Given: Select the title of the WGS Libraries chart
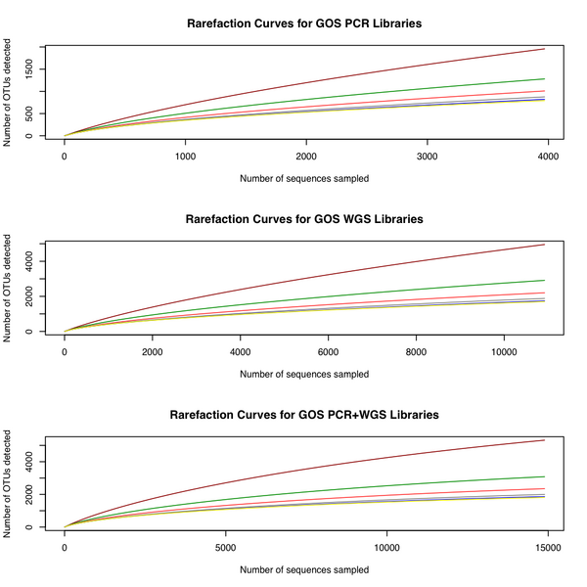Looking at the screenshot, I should pyautogui.click(x=304, y=218).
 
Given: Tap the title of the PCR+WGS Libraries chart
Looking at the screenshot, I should pyautogui.click(x=304, y=415).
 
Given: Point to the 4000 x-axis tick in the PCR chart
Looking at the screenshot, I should pyautogui.click(x=547, y=156).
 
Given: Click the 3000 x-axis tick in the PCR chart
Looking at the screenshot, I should pyautogui.click(x=427, y=156).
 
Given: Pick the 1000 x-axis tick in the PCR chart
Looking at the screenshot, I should pyautogui.click(x=185, y=156).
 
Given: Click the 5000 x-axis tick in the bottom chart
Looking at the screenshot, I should pyautogui.click(x=225, y=548).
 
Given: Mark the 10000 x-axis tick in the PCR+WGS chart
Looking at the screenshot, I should pyautogui.click(x=386, y=548).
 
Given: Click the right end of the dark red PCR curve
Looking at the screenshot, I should pyautogui.click(x=545, y=49).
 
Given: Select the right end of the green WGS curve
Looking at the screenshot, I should pyautogui.click(x=545, y=281).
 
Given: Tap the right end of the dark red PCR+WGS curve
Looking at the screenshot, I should pyautogui.click(x=545, y=440).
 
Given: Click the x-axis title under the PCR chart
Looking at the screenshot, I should pyautogui.click(x=304, y=178).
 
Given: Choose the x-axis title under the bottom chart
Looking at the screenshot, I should pyautogui.click(x=304, y=569).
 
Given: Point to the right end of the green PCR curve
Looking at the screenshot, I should pyautogui.click(x=545, y=79).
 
